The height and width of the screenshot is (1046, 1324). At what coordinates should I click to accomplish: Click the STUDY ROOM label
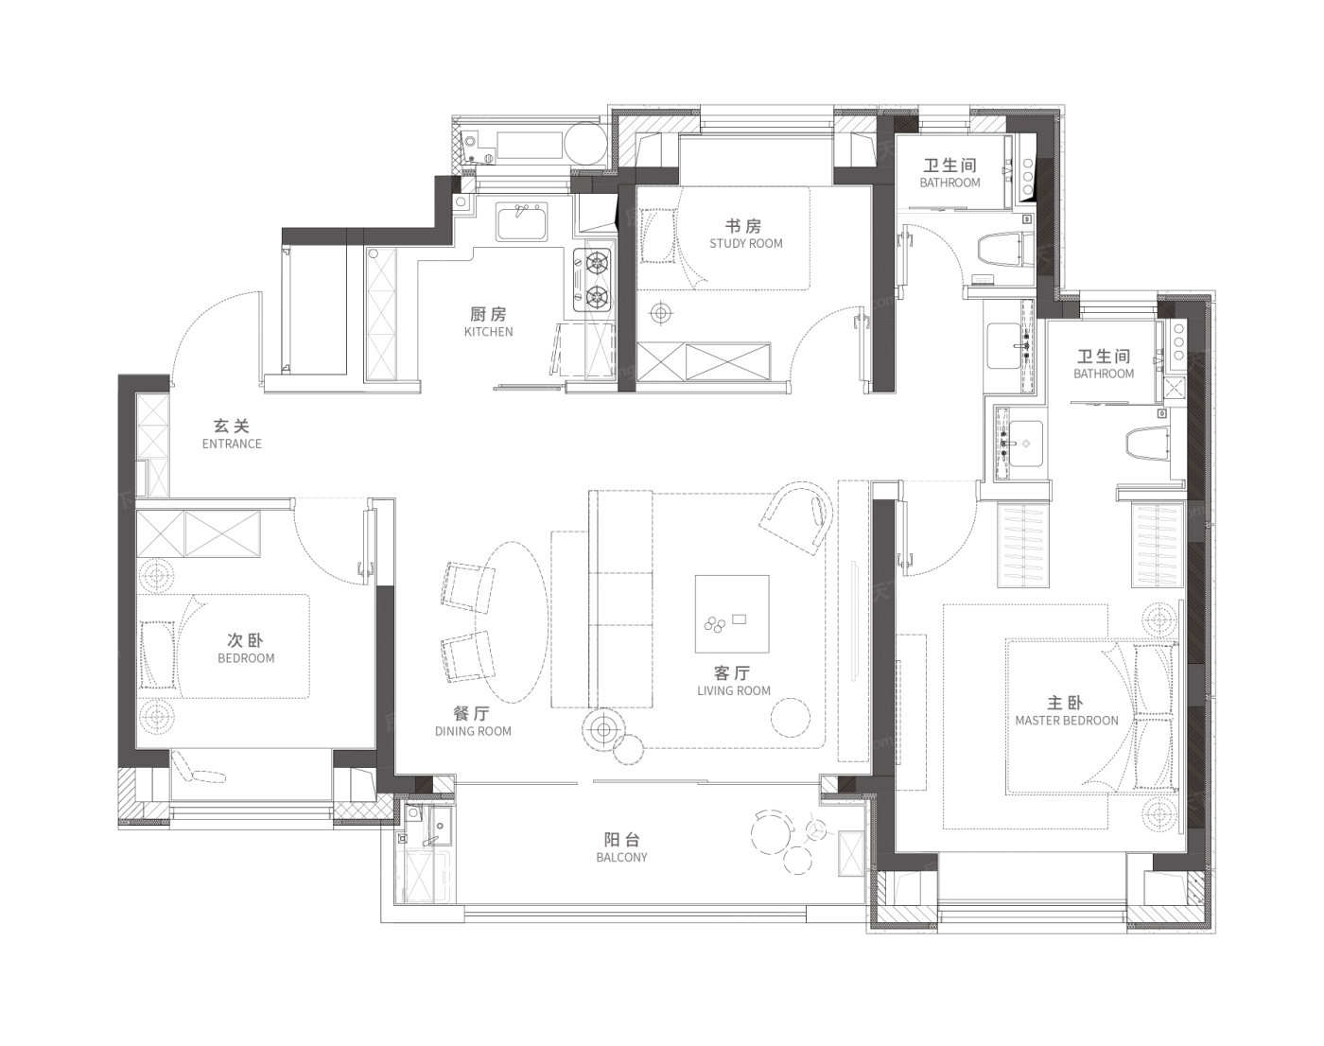[745, 244]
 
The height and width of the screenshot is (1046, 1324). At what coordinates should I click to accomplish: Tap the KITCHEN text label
[489, 332]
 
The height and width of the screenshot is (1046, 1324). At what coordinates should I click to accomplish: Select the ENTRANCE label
[232, 445]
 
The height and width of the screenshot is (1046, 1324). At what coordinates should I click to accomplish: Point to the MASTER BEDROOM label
[1066, 721]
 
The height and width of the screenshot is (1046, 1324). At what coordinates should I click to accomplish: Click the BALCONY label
[621, 858]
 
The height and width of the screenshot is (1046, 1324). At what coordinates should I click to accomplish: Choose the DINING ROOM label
[473, 732]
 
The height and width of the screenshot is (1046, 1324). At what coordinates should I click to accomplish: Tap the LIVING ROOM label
[733, 691]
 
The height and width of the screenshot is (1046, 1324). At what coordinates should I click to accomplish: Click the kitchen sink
[522, 222]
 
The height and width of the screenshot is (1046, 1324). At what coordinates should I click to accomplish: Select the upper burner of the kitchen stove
[597, 263]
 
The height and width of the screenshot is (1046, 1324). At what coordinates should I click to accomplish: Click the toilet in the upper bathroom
[1004, 249]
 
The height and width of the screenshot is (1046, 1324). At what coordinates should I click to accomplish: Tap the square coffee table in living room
[732, 614]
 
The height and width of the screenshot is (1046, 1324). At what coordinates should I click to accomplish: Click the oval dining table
[512, 621]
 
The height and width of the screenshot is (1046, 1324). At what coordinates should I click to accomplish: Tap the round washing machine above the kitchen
[585, 145]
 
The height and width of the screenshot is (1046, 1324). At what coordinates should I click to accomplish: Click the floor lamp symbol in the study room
[660, 313]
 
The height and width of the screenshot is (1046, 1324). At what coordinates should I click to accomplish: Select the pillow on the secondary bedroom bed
[158, 654]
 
